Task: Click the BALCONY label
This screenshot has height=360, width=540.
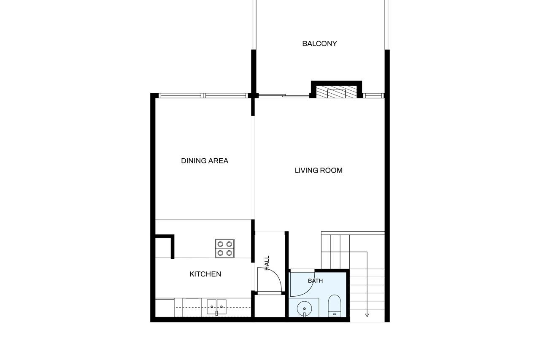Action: click(319, 43)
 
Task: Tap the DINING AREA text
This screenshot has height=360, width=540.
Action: click(205, 161)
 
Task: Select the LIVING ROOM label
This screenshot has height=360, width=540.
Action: click(319, 171)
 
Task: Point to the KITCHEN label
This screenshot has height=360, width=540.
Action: click(205, 274)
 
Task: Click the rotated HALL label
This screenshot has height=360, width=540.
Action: click(267, 263)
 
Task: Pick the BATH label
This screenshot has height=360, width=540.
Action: click(315, 281)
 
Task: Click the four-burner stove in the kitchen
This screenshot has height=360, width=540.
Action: click(225, 248)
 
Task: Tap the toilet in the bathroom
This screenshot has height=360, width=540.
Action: click(335, 306)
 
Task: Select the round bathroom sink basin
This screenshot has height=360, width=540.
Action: click(304, 309)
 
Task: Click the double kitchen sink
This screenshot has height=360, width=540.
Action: click(216, 307)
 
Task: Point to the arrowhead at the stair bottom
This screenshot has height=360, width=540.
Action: click(367, 315)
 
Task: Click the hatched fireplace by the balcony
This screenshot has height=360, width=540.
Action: click(336, 92)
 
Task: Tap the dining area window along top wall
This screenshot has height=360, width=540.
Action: click(203, 96)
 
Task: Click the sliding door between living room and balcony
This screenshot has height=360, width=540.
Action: click(284, 96)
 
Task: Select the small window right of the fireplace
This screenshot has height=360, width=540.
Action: click(373, 96)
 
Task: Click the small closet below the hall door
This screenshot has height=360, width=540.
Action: click(270, 306)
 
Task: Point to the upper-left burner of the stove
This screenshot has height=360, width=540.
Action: click(220, 244)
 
